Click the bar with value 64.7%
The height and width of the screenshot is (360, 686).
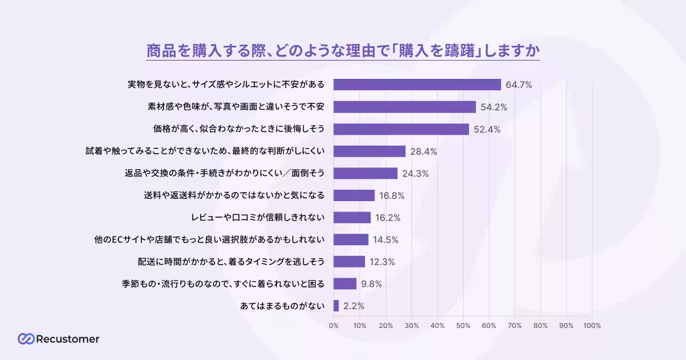point(417,85)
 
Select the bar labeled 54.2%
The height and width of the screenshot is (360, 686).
point(404,107)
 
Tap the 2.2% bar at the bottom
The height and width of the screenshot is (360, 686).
point(336,306)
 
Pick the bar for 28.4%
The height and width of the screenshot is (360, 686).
point(369,151)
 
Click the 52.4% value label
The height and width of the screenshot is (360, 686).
point(487,129)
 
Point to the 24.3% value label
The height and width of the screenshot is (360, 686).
point(416,174)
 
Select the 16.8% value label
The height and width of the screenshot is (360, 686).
point(392,195)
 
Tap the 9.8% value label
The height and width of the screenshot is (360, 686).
point(371,284)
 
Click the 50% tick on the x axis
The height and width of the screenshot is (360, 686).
point(463,326)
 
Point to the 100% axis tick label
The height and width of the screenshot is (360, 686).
point(592,326)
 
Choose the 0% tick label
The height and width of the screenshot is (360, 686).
point(333,326)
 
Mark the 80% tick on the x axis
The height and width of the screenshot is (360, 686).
point(540,326)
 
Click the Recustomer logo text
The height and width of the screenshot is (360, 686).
point(67,339)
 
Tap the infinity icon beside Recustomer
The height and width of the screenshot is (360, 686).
point(26,339)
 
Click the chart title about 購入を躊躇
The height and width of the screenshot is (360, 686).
point(343,50)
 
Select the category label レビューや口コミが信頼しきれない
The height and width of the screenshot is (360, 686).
point(258,218)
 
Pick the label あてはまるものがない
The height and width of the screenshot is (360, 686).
point(282,306)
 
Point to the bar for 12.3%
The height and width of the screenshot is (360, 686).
point(349,262)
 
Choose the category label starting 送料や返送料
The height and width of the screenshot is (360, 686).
point(234,195)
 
